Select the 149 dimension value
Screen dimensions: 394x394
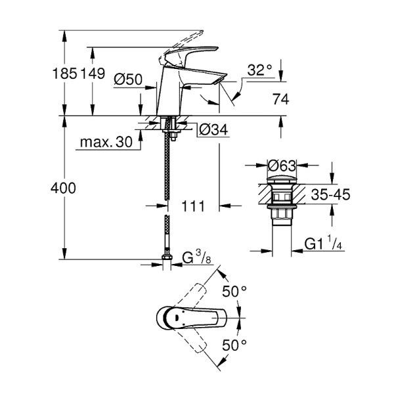(x=93, y=74)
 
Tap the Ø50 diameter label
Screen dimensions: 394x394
(x=128, y=79)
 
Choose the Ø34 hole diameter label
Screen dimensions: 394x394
(x=213, y=131)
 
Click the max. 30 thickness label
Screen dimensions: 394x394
(x=104, y=142)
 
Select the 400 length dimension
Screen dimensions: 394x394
(x=64, y=188)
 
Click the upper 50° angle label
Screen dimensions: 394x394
(x=234, y=290)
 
